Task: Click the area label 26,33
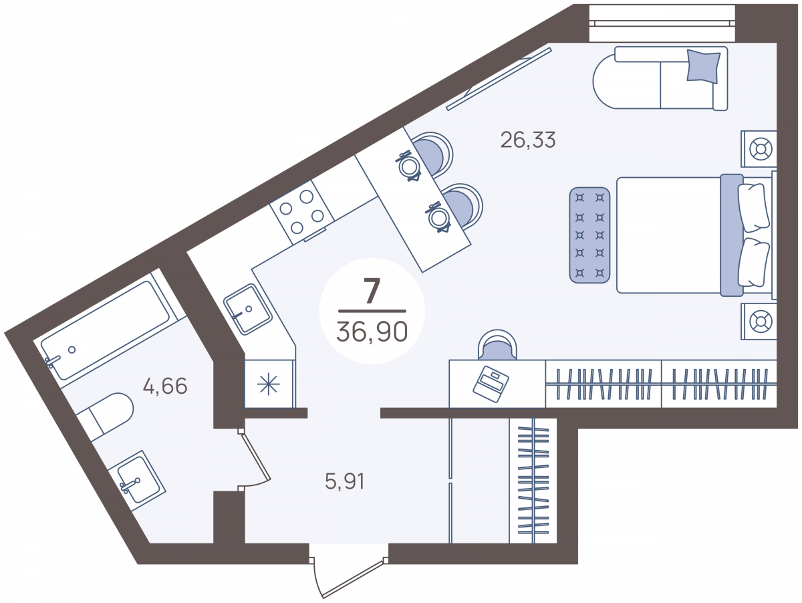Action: [x=528, y=140]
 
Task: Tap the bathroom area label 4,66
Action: [x=165, y=386]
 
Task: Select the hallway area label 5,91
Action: [x=345, y=481]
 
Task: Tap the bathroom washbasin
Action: [x=137, y=480]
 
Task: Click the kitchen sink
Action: [x=248, y=309]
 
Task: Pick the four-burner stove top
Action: [x=302, y=213]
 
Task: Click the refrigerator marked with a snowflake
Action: [x=269, y=384]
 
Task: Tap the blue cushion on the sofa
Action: [x=703, y=66]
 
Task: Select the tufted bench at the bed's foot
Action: [x=589, y=235]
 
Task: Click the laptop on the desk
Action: [x=491, y=384]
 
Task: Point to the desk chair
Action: [x=498, y=345]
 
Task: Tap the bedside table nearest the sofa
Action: [x=759, y=149]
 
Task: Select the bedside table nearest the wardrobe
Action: [x=759, y=322]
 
